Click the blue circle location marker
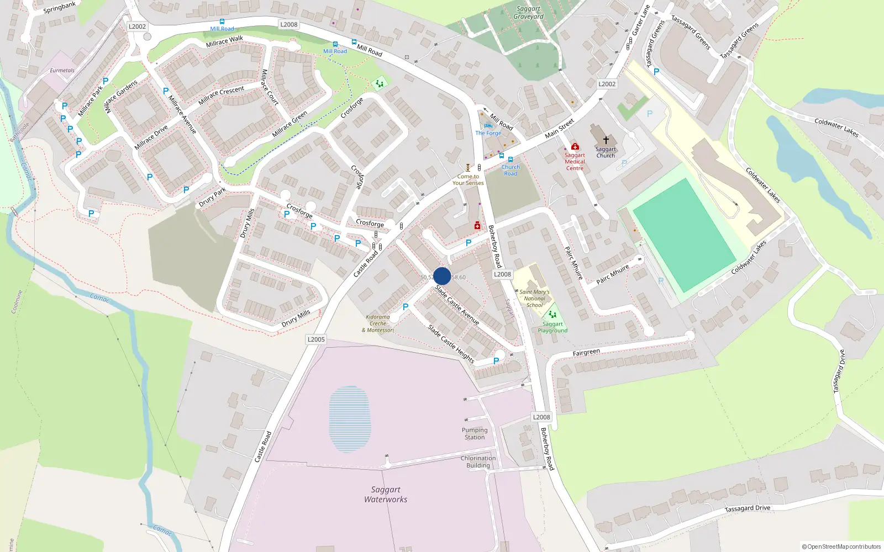point(442,276)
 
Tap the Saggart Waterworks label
point(386,495)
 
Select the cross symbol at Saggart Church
point(606,140)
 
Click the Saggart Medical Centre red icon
point(575,146)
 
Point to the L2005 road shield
point(316,339)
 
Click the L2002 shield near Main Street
point(607,84)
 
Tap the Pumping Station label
point(475,434)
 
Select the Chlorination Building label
point(478,462)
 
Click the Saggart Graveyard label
point(528,13)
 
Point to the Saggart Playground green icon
point(552,315)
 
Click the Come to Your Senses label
point(468,180)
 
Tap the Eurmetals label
point(62,71)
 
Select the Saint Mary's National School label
point(534,299)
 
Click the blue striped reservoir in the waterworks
point(349,419)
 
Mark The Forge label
point(488,133)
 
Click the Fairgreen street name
point(586,352)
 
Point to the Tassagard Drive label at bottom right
point(747,508)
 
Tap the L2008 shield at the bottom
point(541,417)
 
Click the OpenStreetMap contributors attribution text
point(841,547)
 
